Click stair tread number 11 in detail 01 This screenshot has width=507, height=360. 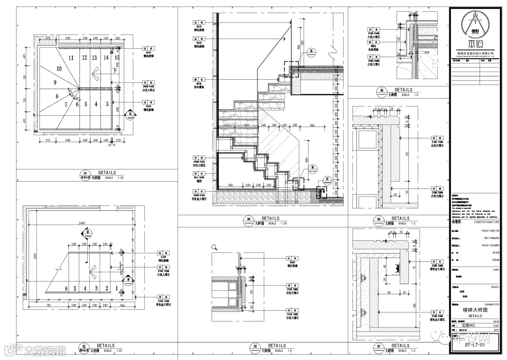click(x=71, y=58)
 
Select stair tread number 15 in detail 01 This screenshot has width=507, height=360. click(x=117, y=58)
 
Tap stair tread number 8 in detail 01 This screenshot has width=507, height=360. click(x=57, y=97)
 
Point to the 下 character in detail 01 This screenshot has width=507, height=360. click(x=115, y=71)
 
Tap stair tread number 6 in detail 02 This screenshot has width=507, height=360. click(x=67, y=289)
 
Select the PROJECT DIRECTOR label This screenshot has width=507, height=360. click(x=491, y=231)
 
